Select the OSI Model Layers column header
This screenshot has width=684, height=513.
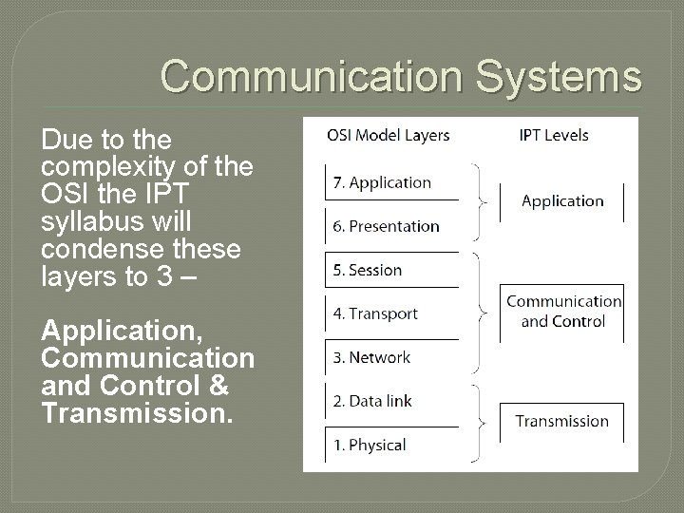389,135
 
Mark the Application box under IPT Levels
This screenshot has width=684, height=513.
562,201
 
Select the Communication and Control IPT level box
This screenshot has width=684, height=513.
563,311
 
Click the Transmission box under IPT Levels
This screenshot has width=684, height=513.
562,421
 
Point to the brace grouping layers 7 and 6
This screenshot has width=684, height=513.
483,201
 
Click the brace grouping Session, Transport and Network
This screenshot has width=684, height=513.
483,312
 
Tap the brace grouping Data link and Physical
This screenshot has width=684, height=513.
483,422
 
